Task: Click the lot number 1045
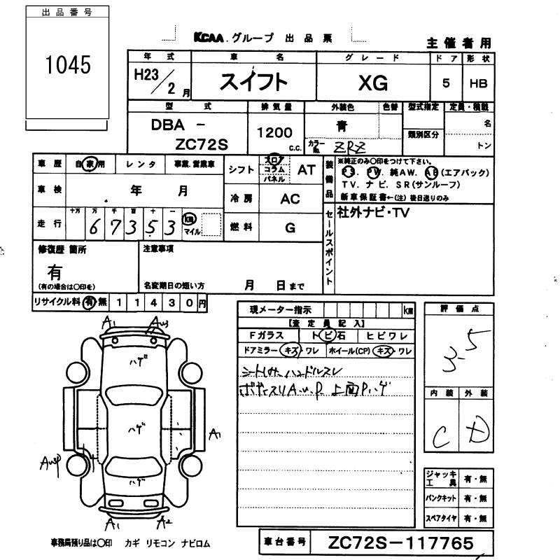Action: click(x=68, y=65)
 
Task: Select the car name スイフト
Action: click(x=253, y=83)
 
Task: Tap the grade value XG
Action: click(x=372, y=83)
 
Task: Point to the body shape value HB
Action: click(x=479, y=83)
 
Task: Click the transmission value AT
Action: click(x=307, y=169)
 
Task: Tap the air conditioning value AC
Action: click(x=290, y=199)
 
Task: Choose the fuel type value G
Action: click(x=290, y=227)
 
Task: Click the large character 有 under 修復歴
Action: click(x=54, y=272)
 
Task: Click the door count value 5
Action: click(x=447, y=83)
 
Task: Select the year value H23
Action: click(x=145, y=74)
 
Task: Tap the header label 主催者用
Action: click(x=458, y=43)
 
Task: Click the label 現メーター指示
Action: click(x=281, y=309)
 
